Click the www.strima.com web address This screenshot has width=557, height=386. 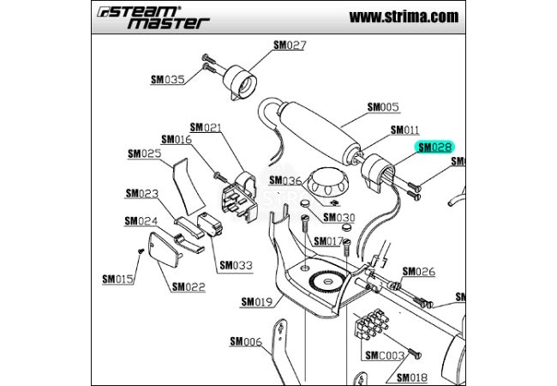(404, 16)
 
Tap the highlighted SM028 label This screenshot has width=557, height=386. (434, 148)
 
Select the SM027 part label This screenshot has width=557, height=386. (290, 45)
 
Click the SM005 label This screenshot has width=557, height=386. (383, 108)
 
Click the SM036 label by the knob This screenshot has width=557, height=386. (285, 181)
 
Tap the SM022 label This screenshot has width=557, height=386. (189, 286)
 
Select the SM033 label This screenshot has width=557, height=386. (236, 265)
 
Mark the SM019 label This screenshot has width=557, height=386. (256, 301)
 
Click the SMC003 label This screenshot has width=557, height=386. (385, 355)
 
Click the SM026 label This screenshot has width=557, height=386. (419, 272)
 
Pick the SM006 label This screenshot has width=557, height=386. (245, 341)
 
